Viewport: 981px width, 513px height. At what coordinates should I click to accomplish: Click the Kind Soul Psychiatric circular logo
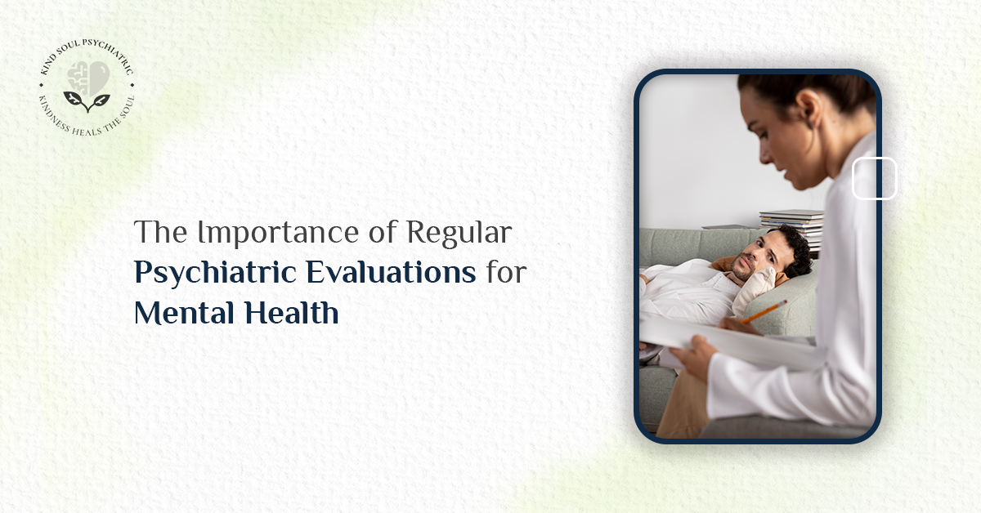(x=87, y=89)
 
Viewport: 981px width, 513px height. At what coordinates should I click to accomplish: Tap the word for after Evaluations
(x=504, y=273)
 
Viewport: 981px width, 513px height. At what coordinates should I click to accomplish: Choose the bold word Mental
(x=181, y=313)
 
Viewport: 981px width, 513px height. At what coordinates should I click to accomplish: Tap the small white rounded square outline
(x=875, y=179)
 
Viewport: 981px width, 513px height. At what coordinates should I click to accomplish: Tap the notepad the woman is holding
(x=719, y=339)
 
